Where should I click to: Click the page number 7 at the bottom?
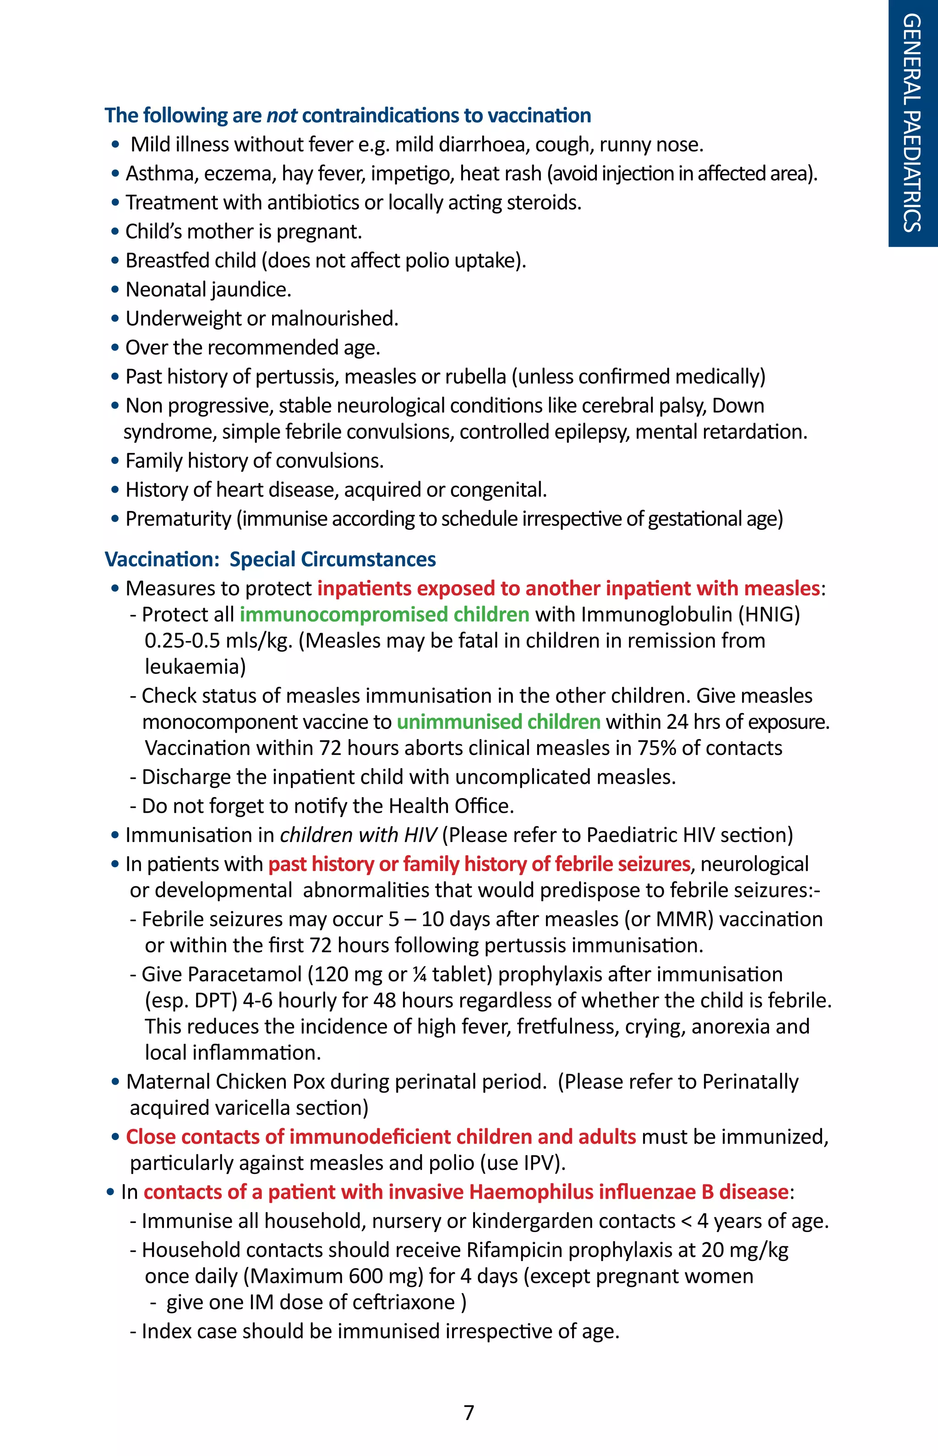pyautogui.click(x=469, y=1412)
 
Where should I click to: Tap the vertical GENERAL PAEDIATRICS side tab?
pyautogui.click(x=912, y=123)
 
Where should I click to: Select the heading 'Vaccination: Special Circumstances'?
pyautogui.click(x=270, y=559)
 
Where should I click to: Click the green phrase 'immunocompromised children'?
pyautogui.click(x=384, y=614)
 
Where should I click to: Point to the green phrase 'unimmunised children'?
pyautogui.click(x=498, y=722)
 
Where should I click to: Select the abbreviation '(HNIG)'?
pyautogui.click(x=769, y=614)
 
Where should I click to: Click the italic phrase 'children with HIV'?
pyautogui.click(x=358, y=835)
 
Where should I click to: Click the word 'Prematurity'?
pyautogui.click(x=178, y=519)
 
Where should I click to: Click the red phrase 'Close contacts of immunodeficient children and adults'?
pyautogui.click(x=381, y=1137)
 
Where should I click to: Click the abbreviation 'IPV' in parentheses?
pyautogui.click(x=539, y=1163)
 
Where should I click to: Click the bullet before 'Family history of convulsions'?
pyautogui.click(x=115, y=461)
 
